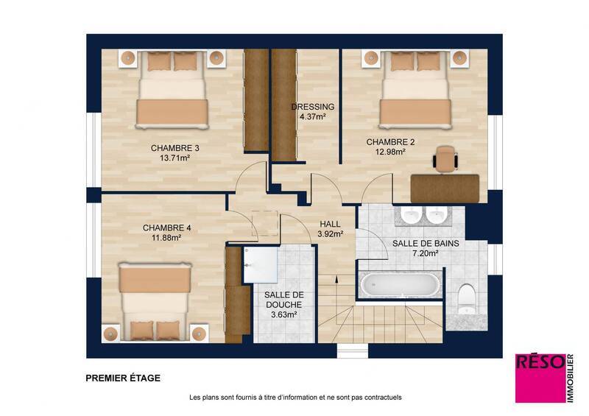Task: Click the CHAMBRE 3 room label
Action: point(175,147)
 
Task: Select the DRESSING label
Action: point(313,107)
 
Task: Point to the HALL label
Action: point(331,224)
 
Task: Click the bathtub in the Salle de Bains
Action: point(400,284)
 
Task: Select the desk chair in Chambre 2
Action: point(445,158)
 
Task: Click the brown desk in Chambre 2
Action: point(445,187)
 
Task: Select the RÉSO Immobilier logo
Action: point(540,378)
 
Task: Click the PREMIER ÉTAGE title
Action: point(123,378)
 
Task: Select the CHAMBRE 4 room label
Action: point(167,228)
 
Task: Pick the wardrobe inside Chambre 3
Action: point(255,99)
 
